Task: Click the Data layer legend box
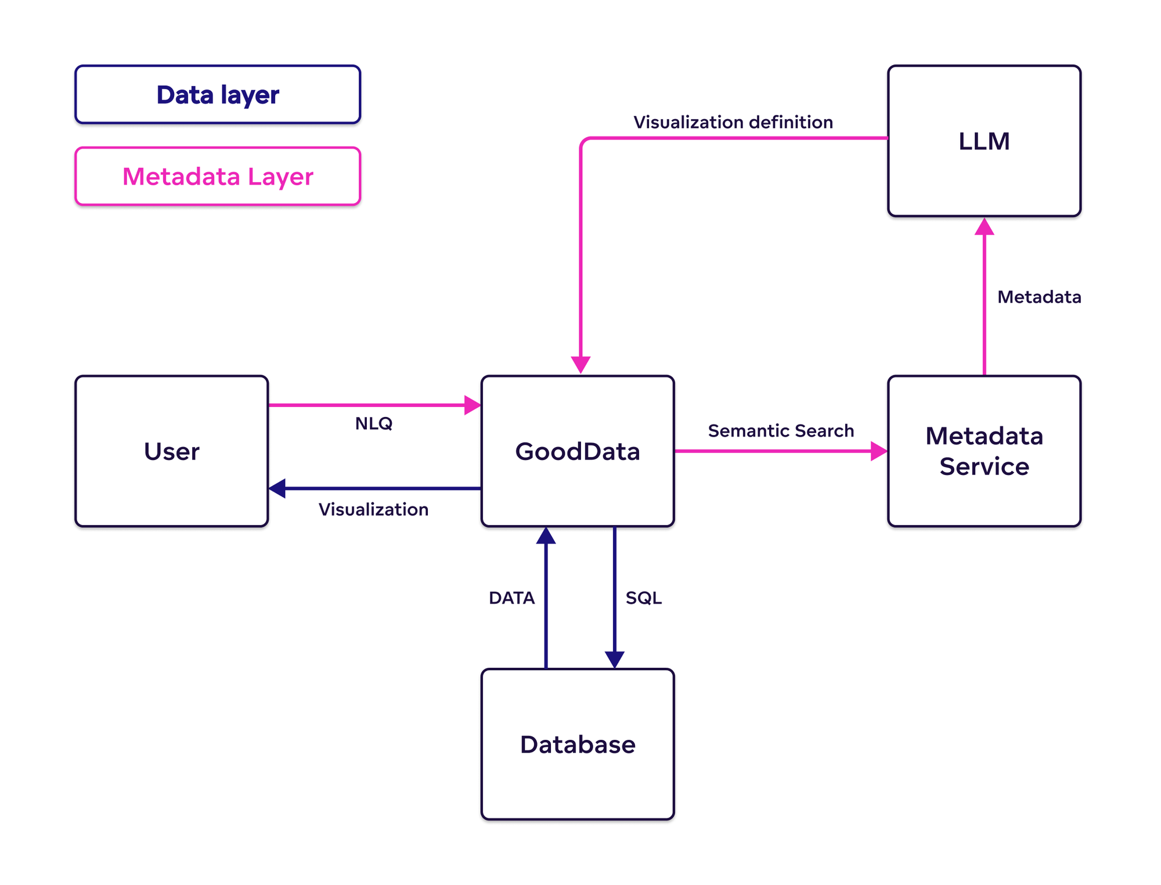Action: pyautogui.click(x=218, y=95)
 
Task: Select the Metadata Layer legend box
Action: pyautogui.click(x=218, y=176)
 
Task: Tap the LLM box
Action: pyautogui.click(x=984, y=141)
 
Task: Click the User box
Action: pyautogui.click(x=171, y=451)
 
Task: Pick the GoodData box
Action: pyautogui.click(x=578, y=451)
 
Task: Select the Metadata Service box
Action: pyautogui.click(x=984, y=451)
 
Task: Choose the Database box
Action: pyautogui.click(x=578, y=744)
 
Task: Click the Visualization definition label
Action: pyautogui.click(x=733, y=122)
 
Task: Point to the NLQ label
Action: pyautogui.click(x=373, y=423)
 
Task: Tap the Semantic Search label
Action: pyautogui.click(x=781, y=431)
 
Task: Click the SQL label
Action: pyautogui.click(x=643, y=598)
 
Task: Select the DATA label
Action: pyautogui.click(x=511, y=598)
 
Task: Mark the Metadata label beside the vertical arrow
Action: pyautogui.click(x=1039, y=297)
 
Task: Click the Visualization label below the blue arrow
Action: pyautogui.click(x=373, y=509)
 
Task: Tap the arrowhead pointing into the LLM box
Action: pyautogui.click(x=984, y=227)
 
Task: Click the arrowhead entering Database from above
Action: pyautogui.click(x=614, y=659)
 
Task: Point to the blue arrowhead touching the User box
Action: pyautogui.click(x=277, y=488)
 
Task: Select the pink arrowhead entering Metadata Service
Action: pyautogui.click(x=879, y=451)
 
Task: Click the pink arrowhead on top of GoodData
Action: pyautogui.click(x=580, y=364)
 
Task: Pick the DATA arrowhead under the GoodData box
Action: pyautogui.click(x=546, y=536)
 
